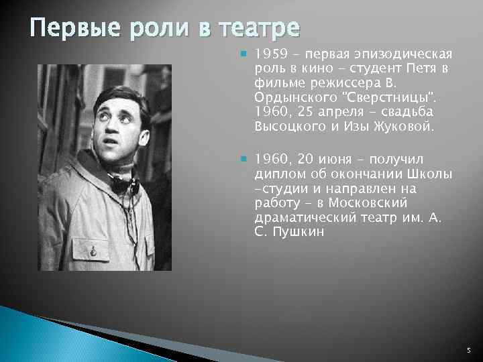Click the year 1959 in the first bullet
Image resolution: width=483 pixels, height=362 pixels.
click(270, 54)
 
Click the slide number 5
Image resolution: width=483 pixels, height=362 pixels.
click(468, 349)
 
